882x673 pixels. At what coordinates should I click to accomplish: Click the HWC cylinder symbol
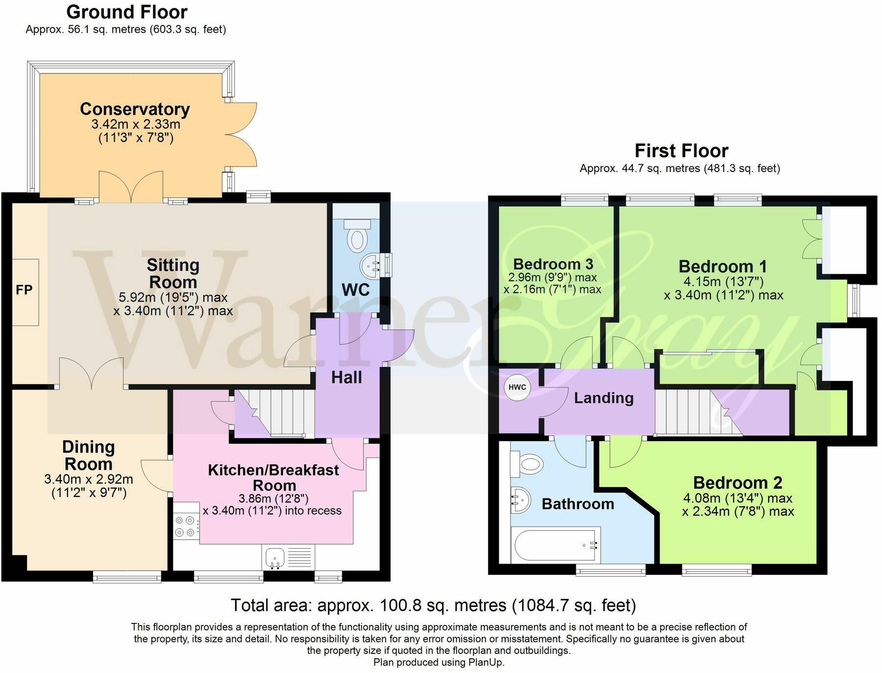517,387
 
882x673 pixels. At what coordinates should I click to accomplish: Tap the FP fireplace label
24,290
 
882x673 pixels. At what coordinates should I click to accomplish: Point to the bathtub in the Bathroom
556,545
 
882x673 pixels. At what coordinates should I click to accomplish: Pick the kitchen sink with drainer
288,557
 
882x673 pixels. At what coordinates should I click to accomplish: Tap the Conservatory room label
135,109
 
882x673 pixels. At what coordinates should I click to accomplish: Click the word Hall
346,377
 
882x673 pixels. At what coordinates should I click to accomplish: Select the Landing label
604,398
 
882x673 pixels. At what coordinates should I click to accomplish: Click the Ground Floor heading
127,12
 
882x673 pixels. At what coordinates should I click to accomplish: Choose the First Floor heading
681,150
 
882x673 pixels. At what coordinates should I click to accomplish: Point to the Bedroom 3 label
553,264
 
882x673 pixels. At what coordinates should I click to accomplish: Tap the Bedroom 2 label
737,483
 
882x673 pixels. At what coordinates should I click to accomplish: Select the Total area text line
433,605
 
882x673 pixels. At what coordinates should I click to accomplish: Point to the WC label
355,290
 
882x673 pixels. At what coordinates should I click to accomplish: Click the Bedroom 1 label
723,267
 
